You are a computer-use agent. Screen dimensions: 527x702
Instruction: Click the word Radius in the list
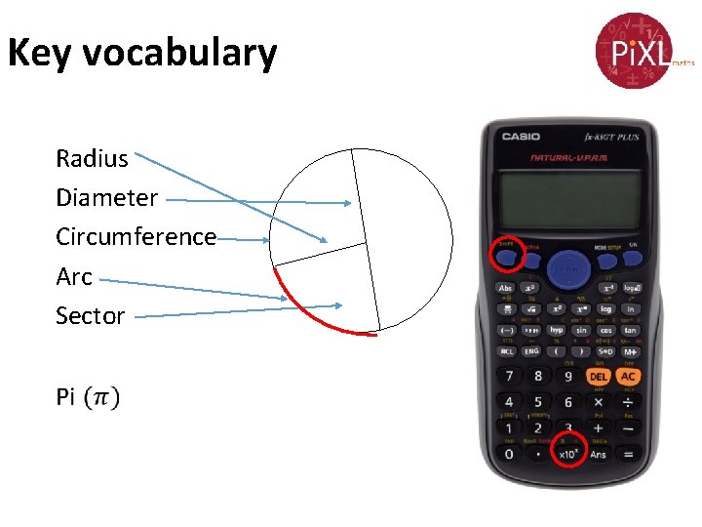[x=92, y=158]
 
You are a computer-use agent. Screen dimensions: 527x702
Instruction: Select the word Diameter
[x=106, y=197]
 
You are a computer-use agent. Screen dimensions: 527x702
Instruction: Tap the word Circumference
[x=136, y=237]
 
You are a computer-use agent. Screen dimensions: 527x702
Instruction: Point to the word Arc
[x=74, y=277]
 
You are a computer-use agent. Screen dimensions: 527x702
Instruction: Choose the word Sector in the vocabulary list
[x=90, y=316]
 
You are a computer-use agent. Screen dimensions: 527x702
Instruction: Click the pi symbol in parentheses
[x=101, y=397]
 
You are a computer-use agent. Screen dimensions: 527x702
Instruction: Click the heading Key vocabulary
[x=142, y=53]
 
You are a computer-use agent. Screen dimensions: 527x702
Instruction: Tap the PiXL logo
[x=632, y=49]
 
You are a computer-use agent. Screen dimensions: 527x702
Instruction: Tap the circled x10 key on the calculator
[x=569, y=452]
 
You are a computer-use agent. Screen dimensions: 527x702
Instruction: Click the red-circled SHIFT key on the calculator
[x=507, y=256]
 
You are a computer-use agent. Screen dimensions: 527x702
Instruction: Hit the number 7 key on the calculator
[x=508, y=376]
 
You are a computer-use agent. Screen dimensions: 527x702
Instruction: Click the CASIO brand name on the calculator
[x=521, y=137]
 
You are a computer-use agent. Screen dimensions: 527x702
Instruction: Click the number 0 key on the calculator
[x=508, y=453]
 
